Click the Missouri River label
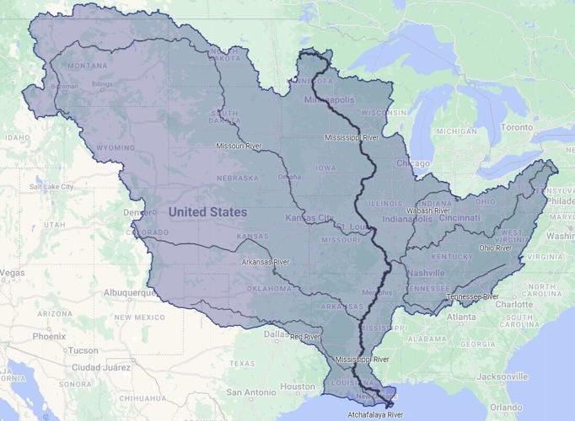coord(239,146)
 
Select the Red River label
coord(305,337)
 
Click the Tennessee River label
coord(473,296)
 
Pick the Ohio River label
coord(496,248)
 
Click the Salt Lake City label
coord(51,186)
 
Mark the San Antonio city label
coord(250,392)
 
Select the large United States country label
coord(207,211)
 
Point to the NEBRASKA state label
coord(237,178)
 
